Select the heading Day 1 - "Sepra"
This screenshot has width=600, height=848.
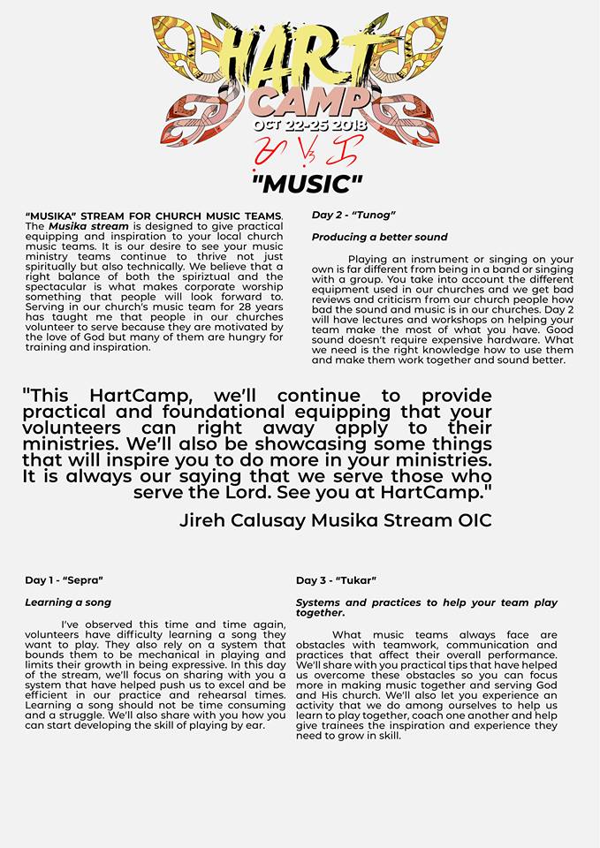[64, 580]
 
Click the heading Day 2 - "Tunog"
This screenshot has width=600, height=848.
[353, 216]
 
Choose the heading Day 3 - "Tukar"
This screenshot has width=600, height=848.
[336, 580]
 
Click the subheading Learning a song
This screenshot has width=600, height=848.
[68, 602]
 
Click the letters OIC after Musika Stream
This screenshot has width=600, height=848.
[470, 520]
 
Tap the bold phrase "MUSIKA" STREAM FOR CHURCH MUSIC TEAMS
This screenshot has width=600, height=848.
[154, 216]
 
